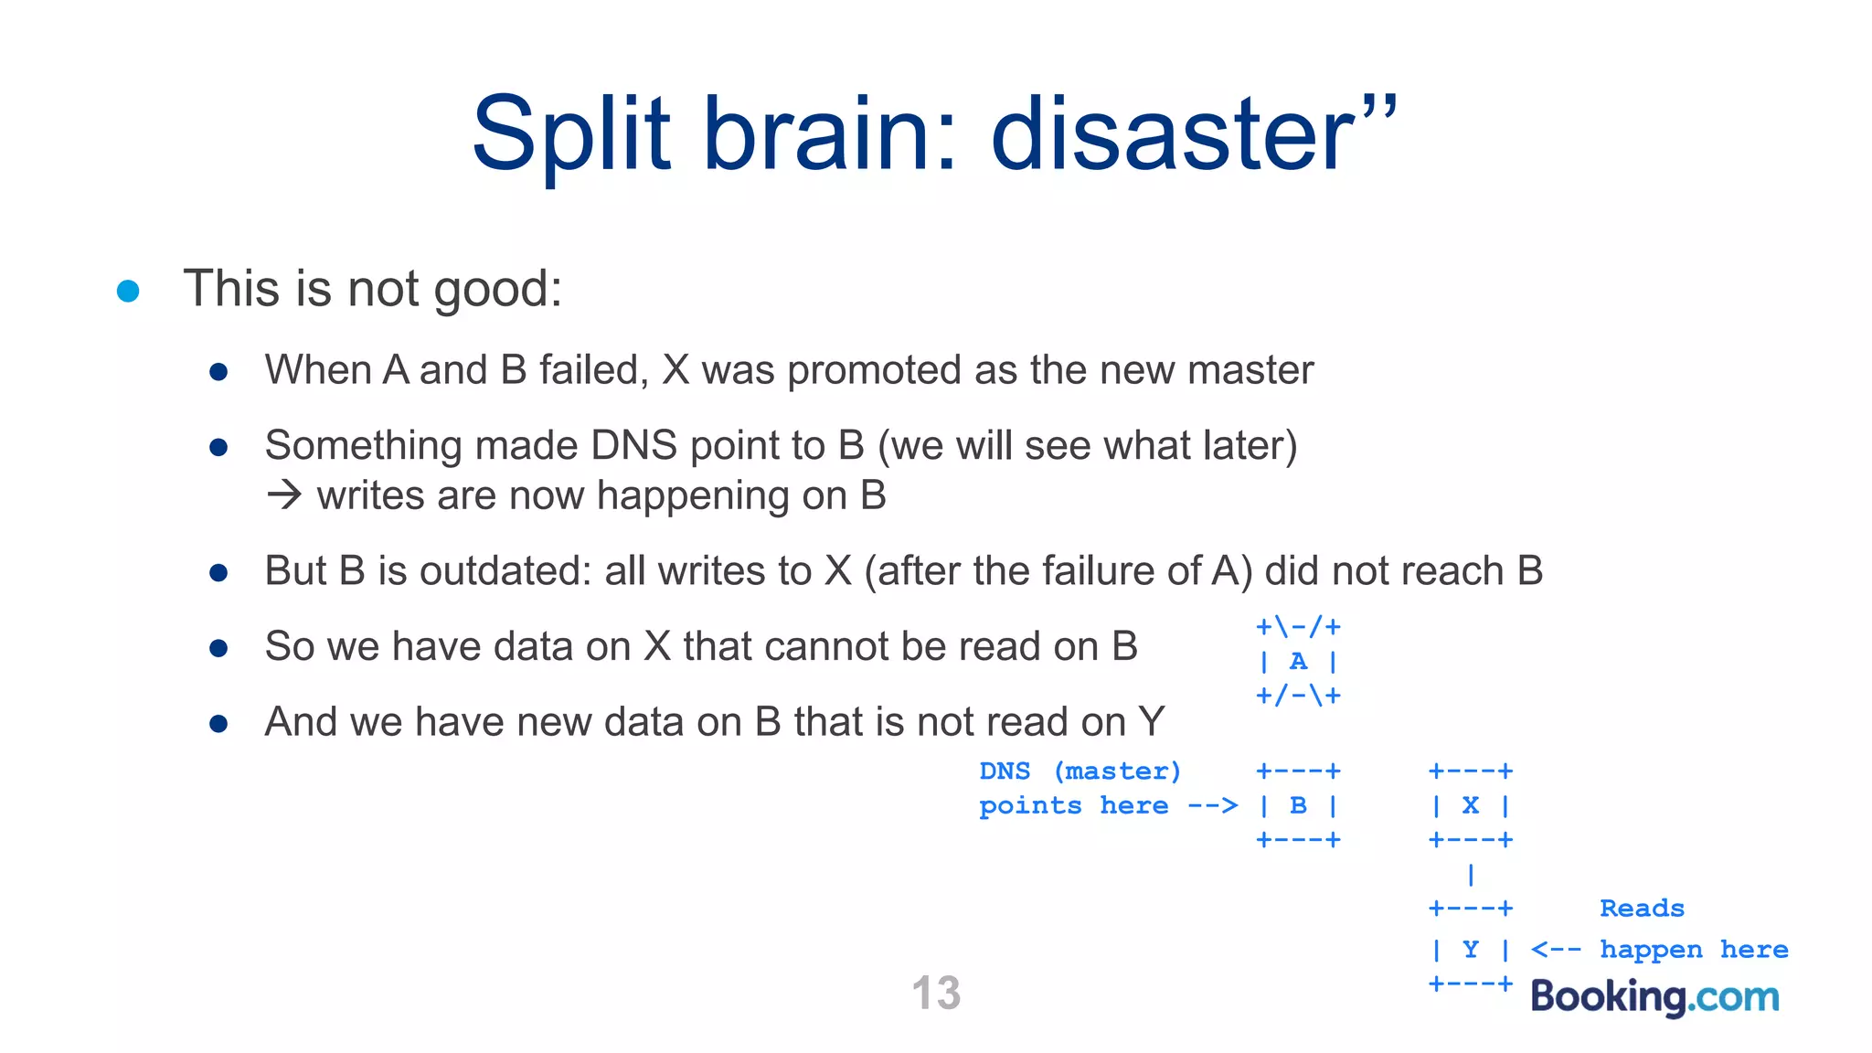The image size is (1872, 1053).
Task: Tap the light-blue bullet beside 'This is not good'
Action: (x=128, y=292)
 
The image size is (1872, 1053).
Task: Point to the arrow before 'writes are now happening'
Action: (x=284, y=495)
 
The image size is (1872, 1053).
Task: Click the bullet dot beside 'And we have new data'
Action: (x=218, y=724)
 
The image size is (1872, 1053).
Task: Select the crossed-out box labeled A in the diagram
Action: (x=1298, y=661)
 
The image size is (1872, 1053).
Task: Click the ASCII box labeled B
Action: (x=1298, y=805)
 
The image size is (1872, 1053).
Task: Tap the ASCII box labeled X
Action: (x=1470, y=805)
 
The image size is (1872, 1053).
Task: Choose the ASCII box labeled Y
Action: (x=1470, y=950)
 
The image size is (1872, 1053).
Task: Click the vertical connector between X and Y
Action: (x=1470, y=875)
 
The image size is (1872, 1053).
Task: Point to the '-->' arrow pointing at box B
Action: (x=1212, y=806)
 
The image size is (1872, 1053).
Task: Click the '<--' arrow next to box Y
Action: (x=1556, y=950)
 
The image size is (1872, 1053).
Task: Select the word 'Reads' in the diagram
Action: (x=1642, y=909)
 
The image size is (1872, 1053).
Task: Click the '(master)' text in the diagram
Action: (x=1117, y=771)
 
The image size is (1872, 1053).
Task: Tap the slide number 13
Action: (x=936, y=993)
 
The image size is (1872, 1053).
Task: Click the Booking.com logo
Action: (x=1654, y=996)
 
